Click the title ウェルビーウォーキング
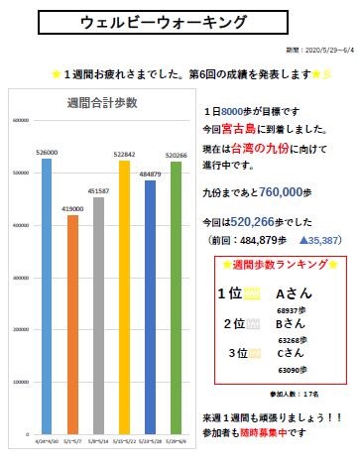click(x=180, y=22)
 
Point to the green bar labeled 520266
click(x=176, y=296)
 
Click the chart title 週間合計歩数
click(x=108, y=102)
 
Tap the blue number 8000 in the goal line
click(x=234, y=111)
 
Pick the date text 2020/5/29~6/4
click(x=315, y=49)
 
